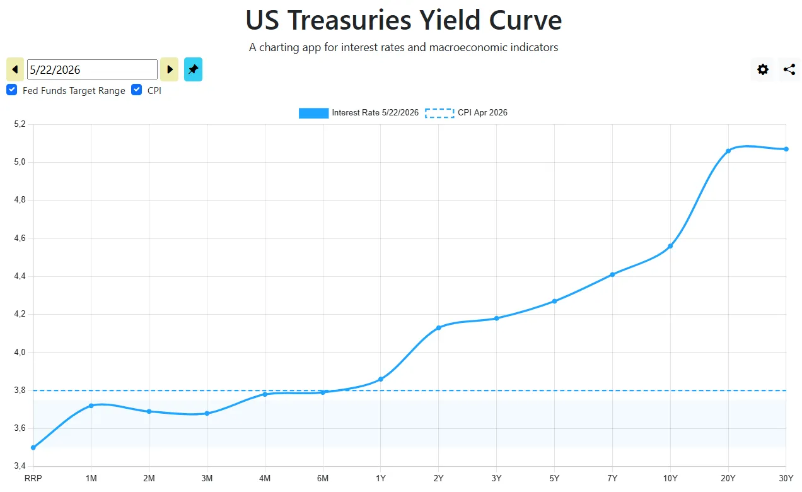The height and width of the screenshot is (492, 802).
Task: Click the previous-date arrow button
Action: tap(15, 69)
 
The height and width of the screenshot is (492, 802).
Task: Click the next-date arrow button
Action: tap(170, 69)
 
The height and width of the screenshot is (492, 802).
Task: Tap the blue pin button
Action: tap(194, 69)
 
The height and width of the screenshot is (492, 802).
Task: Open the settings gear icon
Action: tap(763, 69)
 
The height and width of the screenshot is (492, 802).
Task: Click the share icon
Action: tap(789, 69)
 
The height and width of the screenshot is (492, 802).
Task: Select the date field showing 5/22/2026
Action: tap(93, 69)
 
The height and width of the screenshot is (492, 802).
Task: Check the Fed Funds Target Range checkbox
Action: tap(12, 90)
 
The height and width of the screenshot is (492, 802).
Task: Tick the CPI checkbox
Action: tap(136, 90)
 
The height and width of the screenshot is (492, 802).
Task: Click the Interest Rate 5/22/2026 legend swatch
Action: tap(313, 113)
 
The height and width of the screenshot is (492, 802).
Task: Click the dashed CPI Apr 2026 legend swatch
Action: tap(439, 113)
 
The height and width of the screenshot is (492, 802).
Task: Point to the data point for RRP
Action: tap(33, 448)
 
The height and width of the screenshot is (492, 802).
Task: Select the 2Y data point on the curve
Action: tap(439, 327)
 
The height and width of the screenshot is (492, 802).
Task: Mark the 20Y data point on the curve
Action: tap(728, 151)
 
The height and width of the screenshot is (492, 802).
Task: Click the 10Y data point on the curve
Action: tap(670, 247)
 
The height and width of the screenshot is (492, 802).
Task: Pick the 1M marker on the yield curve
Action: tap(91, 406)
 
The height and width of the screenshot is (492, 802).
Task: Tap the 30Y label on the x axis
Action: tap(786, 478)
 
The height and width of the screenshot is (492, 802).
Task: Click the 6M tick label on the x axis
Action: tap(323, 478)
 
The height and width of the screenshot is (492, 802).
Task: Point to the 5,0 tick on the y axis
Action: tap(20, 162)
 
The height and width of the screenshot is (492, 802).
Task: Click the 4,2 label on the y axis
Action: tap(20, 314)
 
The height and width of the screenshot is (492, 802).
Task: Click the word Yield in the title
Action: tap(450, 20)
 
